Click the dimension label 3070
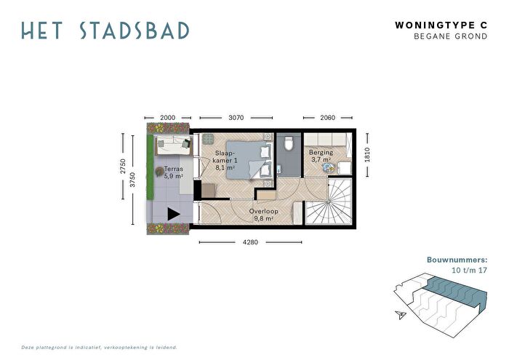tap(236, 118)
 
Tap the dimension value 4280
tap(250, 242)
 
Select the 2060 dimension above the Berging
tap(327, 118)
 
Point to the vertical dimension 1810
tap(367, 155)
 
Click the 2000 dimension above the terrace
tap(167, 118)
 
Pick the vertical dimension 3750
tap(132, 180)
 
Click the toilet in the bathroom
tap(288, 143)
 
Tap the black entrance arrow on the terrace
tap(174, 214)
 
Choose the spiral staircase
tap(329, 201)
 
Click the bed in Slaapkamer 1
tap(249, 160)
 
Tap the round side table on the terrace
tap(159, 172)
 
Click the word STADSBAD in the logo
tap(135, 31)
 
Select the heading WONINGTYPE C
tap(441, 25)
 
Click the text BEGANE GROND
tap(451, 36)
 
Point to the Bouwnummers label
tap(457, 260)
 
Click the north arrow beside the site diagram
tap(401, 314)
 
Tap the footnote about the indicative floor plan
tap(100, 348)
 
